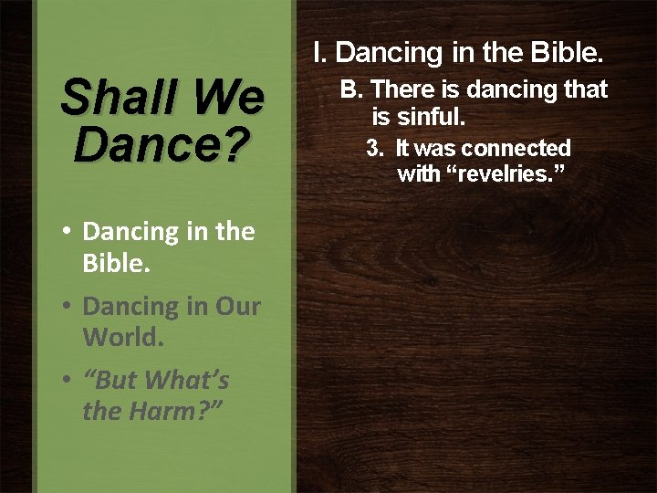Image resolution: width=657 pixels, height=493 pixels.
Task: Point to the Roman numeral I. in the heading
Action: [x=319, y=53]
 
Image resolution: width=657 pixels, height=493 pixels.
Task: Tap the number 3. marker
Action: [x=374, y=148]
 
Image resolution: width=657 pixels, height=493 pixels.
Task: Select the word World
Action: [x=122, y=337]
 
